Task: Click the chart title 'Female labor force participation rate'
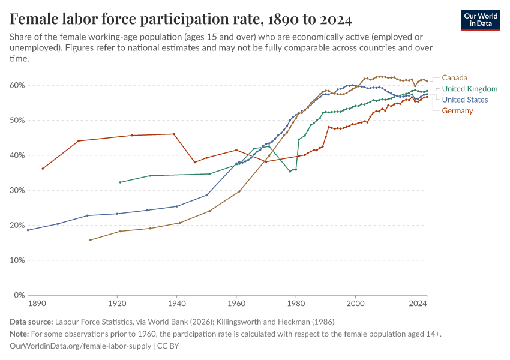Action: [x=181, y=20]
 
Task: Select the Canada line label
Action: [x=454, y=77]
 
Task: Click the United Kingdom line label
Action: [x=469, y=89]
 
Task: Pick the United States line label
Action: [x=464, y=100]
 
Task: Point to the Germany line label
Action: [x=457, y=111]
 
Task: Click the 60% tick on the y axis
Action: [x=16, y=85]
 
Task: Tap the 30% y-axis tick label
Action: [x=16, y=190]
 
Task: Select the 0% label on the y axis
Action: [x=18, y=295]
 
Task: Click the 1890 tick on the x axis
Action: [x=37, y=304]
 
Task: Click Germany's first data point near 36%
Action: [x=43, y=169]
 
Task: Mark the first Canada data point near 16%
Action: [x=90, y=240]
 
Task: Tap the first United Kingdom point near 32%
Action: [x=120, y=182]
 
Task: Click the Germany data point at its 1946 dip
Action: [x=194, y=163]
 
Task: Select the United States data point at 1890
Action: [x=28, y=230]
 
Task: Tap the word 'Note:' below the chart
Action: [x=21, y=334]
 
